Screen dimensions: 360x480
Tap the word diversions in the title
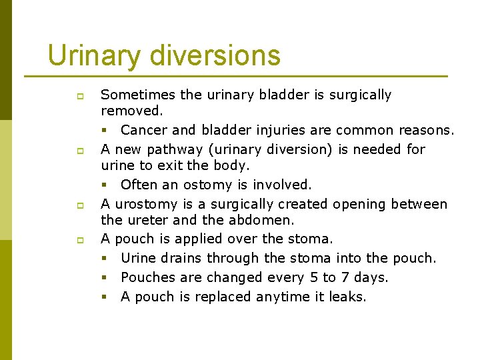[x=215, y=55]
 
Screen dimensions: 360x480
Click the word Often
[x=138, y=185]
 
